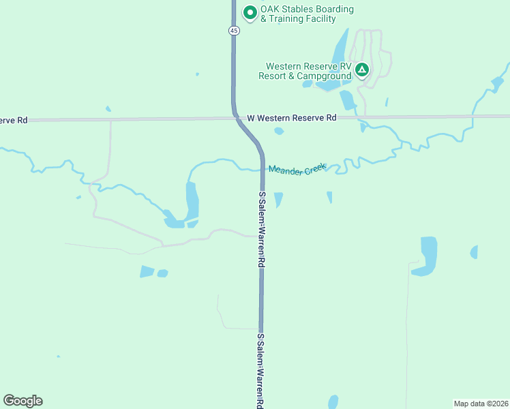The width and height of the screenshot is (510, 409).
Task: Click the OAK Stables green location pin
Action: pyautogui.click(x=250, y=12)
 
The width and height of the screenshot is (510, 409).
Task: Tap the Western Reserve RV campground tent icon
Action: pyautogui.click(x=361, y=70)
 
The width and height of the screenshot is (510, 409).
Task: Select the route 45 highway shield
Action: pyautogui.click(x=234, y=31)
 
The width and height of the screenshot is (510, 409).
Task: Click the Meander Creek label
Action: pyautogui.click(x=297, y=168)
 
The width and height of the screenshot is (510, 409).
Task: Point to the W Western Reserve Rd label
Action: pyautogui.click(x=292, y=118)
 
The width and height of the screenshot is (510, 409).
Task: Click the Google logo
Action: pyautogui.click(x=22, y=401)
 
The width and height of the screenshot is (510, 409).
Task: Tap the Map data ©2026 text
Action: pyautogui.click(x=481, y=404)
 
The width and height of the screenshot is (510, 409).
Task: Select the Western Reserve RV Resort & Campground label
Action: pyautogui.click(x=305, y=71)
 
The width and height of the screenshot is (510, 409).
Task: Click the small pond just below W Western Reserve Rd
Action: pyautogui.click(x=278, y=131)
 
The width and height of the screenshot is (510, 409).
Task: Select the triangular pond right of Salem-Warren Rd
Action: pyautogui.click(x=278, y=199)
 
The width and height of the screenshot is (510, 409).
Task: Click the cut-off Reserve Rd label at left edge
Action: pyautogui.click(x=14, y=120)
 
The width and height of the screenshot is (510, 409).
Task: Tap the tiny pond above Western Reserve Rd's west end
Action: pyautogui.click(x=108, y=108)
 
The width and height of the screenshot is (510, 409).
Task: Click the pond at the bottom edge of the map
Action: pyautogui.click(x=333, y=402)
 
